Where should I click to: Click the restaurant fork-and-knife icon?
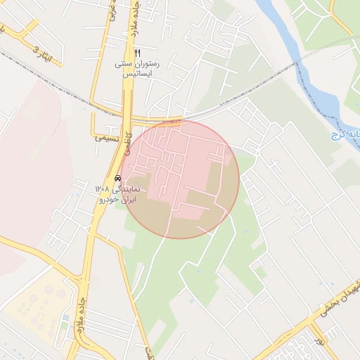[138, 53]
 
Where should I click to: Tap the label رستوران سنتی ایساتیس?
[138, 68]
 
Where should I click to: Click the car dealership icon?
[117, 179]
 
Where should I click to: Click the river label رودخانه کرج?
[347, 134]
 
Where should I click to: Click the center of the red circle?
[180, 179]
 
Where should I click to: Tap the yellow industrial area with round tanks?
[39, 309]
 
